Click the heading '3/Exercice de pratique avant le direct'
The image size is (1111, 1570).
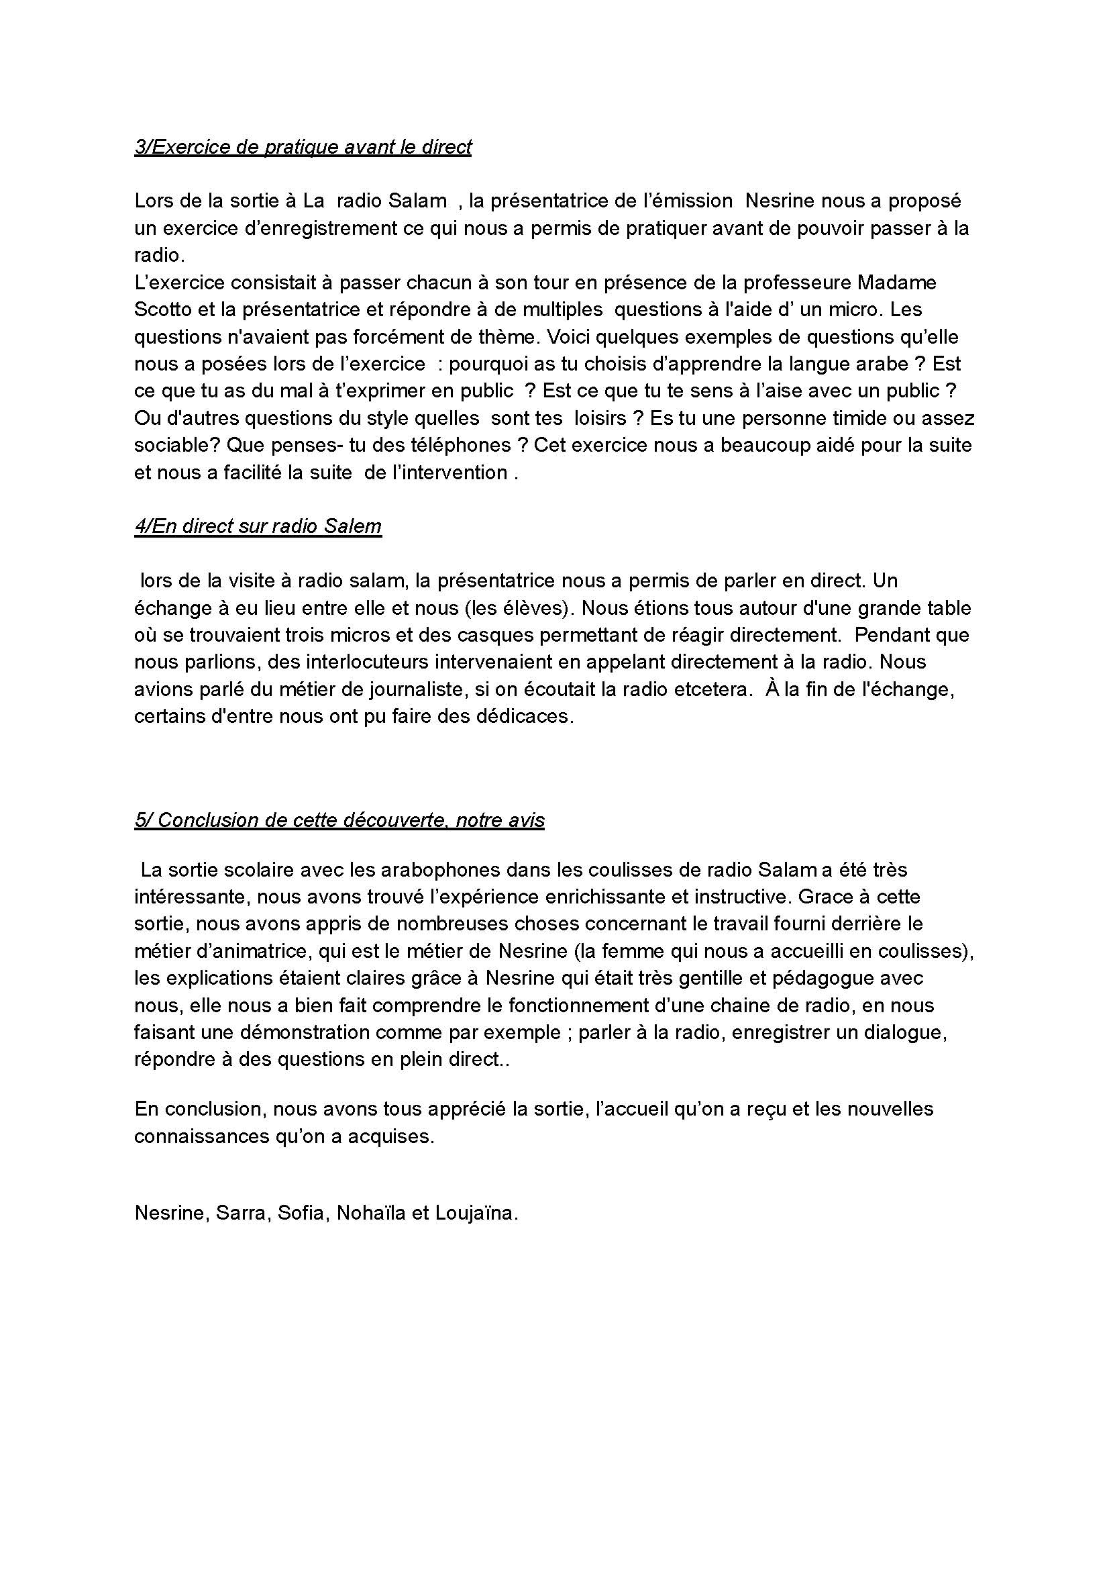[303, 147]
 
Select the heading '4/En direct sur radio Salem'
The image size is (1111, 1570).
[258, 526]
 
